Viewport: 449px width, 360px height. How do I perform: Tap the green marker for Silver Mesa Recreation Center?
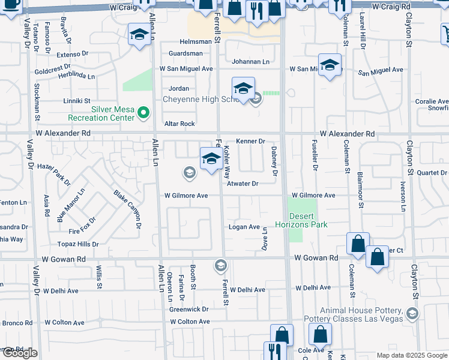coord(143,112)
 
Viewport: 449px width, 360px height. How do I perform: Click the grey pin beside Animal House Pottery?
coord(412,313)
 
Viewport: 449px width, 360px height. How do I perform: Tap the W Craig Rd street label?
coord(391,6)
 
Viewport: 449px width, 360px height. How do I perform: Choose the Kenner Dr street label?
coord(250,141)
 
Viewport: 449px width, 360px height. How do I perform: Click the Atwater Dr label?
coord(243,184)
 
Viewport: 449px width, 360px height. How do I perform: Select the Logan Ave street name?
coord(244,227)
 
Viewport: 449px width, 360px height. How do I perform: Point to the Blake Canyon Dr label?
coord(127,209)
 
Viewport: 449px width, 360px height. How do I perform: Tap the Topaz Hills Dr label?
coord(78,244)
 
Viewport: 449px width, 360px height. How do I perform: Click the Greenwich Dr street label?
coord(188,310)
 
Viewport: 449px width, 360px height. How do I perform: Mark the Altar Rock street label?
coord(179,124)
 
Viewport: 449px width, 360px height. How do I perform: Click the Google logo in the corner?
coord(20,353)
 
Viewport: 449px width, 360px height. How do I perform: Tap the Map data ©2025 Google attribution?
coord(411,355)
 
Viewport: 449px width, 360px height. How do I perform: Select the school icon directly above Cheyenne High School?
coord(243,89)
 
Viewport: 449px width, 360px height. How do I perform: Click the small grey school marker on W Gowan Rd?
coord(220,265)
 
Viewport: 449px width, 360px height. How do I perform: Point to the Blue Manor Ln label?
coord(71,205)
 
